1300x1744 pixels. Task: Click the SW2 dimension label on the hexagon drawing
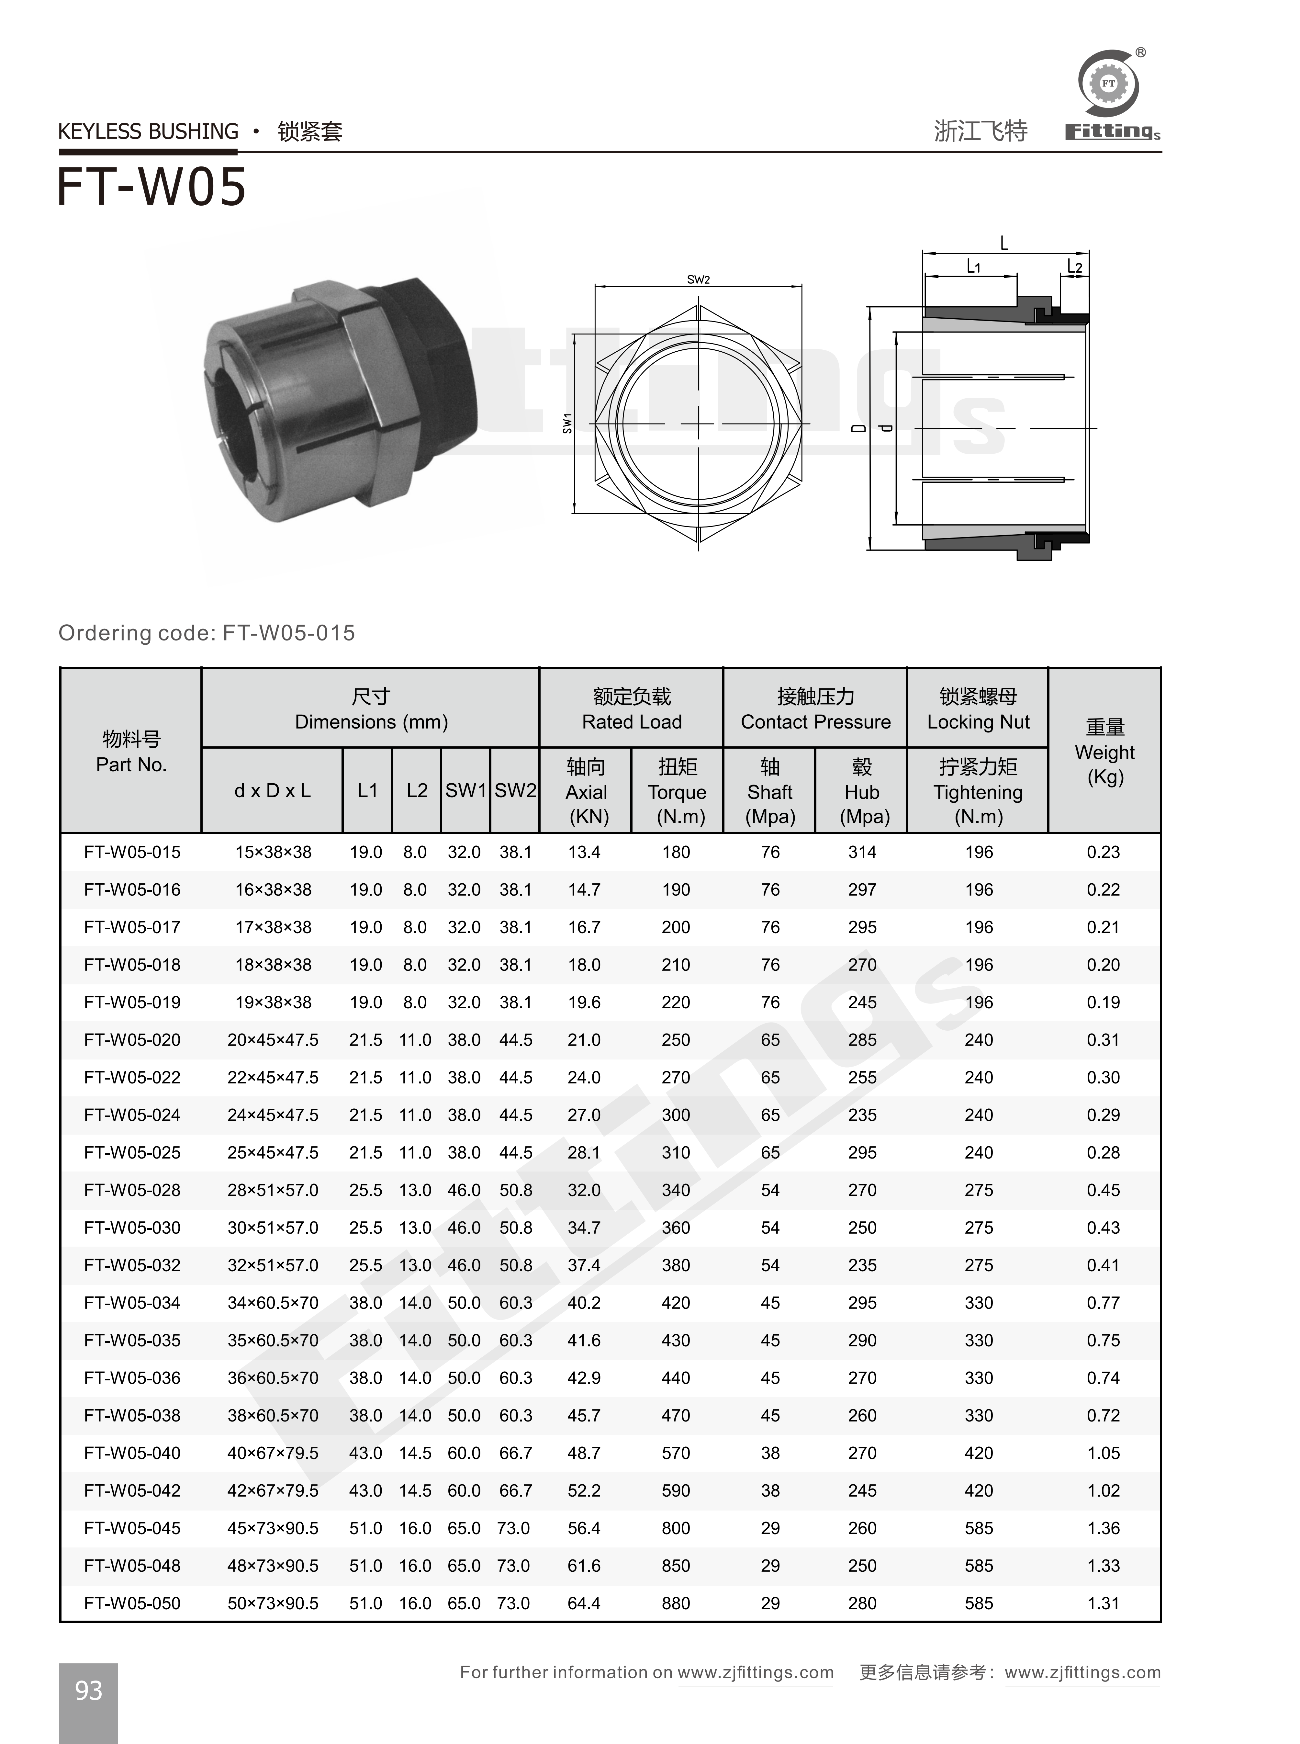698,279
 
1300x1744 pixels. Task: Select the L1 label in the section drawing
973,267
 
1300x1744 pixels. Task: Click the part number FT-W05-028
132,1190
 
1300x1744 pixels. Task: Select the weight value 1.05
1103,1453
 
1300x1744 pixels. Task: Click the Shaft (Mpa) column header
770,792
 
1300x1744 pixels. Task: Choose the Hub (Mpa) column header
862,792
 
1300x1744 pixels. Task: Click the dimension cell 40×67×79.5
273,1453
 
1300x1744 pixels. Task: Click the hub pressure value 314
862,852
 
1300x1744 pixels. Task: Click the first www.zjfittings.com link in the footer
756,1672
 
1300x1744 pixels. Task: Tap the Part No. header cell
131,752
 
